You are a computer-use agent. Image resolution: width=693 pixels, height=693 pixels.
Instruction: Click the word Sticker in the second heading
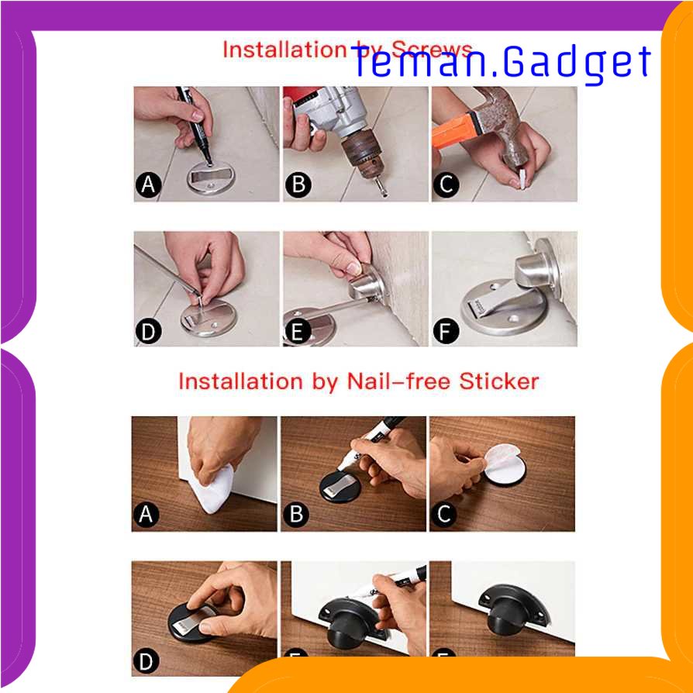point(499,381)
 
